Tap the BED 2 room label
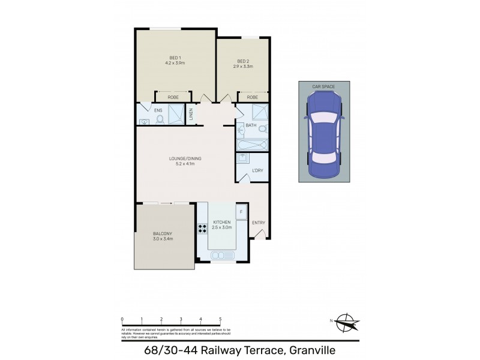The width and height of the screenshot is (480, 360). (243, 61)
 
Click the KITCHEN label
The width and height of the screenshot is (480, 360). (221, 222)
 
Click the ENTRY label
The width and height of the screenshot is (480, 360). (258, 223)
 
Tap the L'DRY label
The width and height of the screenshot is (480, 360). (258, 170)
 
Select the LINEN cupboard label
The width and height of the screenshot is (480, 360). (191, 113)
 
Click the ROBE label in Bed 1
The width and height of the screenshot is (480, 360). (173, 97)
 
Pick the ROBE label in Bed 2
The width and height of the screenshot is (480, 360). (253, 97)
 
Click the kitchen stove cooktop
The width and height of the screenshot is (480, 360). (202, 228)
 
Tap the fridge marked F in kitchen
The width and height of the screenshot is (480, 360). (241, 212)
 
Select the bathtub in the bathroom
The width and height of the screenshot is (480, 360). (251, 145)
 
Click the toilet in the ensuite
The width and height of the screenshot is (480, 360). (160, 119)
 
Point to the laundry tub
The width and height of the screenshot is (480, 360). (242, 158)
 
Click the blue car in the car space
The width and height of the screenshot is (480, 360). (324, 137)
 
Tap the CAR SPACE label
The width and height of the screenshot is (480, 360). (323, 87)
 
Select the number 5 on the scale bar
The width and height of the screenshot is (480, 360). (220, 320)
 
